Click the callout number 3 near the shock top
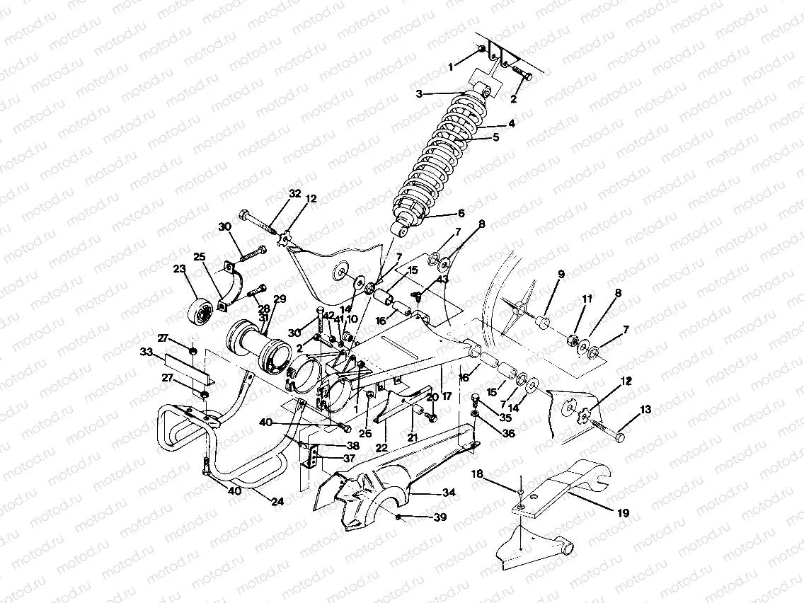[419, 93]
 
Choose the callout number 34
[449, 493]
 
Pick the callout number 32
[295, 193]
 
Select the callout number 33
[147, 351]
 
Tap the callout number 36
[508, 435]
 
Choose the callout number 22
[381, 448]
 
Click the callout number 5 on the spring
[496, 137]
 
